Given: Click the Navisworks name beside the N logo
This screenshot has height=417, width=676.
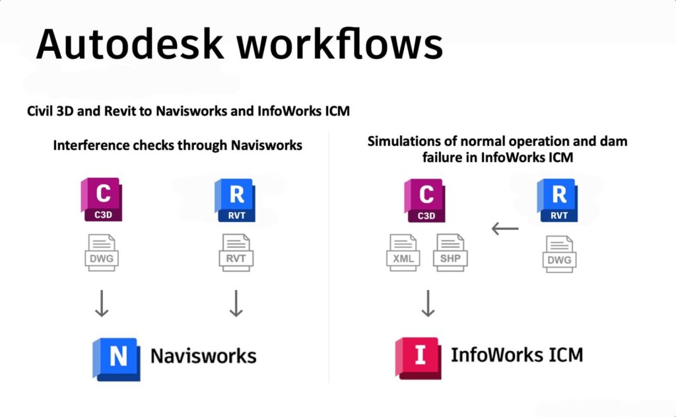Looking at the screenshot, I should coord(203,357).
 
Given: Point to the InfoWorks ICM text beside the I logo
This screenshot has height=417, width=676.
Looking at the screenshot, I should coord(517,355).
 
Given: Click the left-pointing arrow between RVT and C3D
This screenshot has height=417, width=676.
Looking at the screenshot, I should coord(505,229).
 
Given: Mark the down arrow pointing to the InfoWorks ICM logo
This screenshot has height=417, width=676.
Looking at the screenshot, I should coord(428,303).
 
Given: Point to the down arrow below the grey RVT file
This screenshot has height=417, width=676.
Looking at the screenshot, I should coord(235,303).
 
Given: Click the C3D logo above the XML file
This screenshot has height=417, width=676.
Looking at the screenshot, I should coord(425,200).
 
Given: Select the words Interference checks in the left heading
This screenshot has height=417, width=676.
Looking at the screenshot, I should coord(109,145).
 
